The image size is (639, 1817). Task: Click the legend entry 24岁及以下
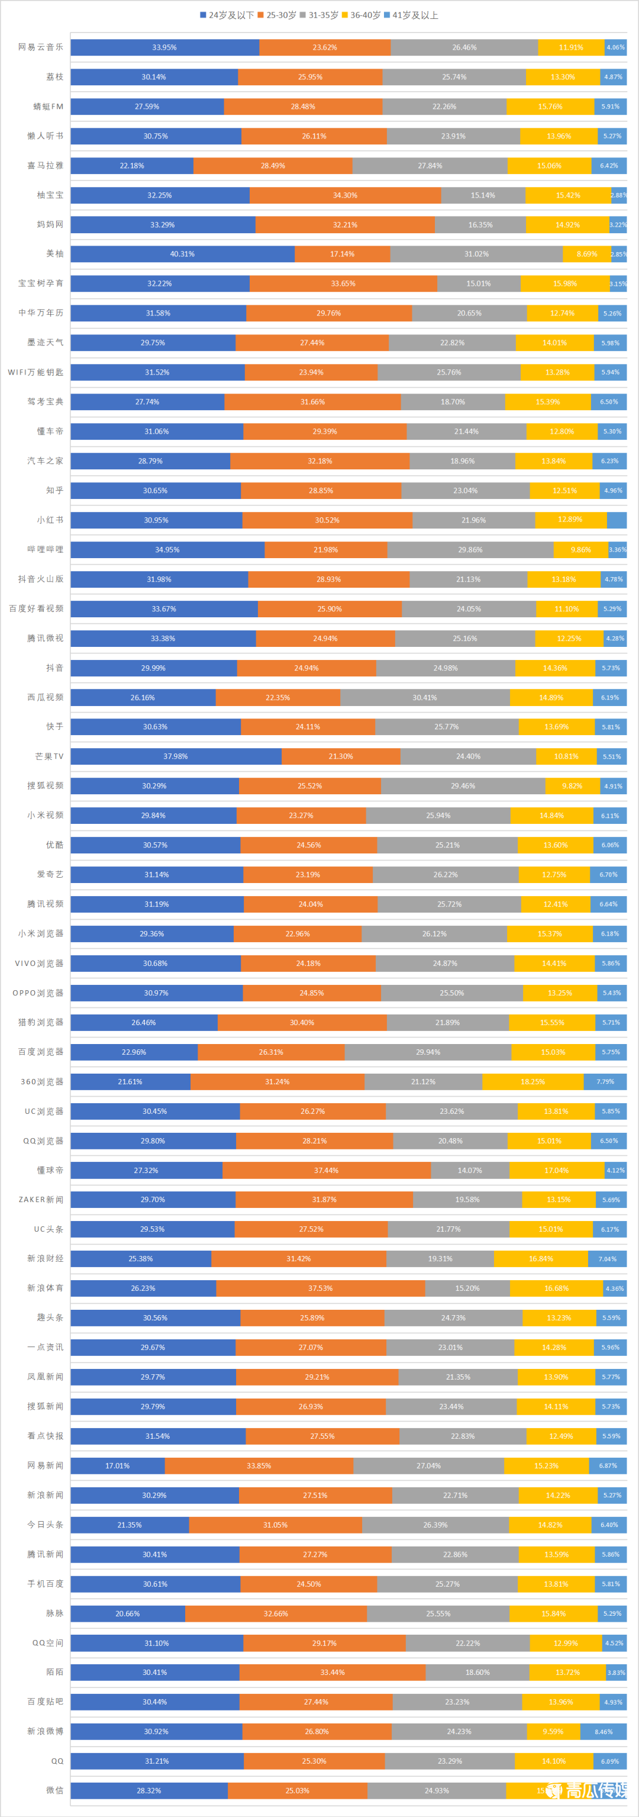(x=227, y=15)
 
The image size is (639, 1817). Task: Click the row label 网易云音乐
(x=41, y=47)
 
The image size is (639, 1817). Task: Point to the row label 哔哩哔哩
(x=46, y=549)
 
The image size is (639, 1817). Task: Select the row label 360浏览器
(x=43, y=1081)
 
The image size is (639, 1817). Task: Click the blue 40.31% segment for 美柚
(x=182, y=254)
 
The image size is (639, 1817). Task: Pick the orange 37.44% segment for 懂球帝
(x=326, y=1170)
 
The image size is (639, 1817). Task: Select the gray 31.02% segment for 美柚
(x=476, y=254)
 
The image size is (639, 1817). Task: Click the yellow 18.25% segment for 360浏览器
(x=532, y=1081)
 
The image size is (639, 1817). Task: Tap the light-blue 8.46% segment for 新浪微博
(x=603, y=1732)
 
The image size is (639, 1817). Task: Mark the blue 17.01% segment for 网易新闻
(x=117, y=1465)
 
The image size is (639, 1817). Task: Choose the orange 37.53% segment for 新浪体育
(x=320, y=1288)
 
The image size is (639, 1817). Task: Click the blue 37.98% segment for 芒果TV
(x=176, y=756)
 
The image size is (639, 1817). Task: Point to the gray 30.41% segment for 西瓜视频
(x=425, y=698)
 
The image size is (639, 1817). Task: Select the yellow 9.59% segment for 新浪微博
(x=553, y=1732)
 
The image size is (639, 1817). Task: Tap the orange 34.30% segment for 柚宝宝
(x=345, y=195)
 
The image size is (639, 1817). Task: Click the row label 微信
(x=55, y=1790)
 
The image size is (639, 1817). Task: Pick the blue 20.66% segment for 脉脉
(x=128, y=1613)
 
